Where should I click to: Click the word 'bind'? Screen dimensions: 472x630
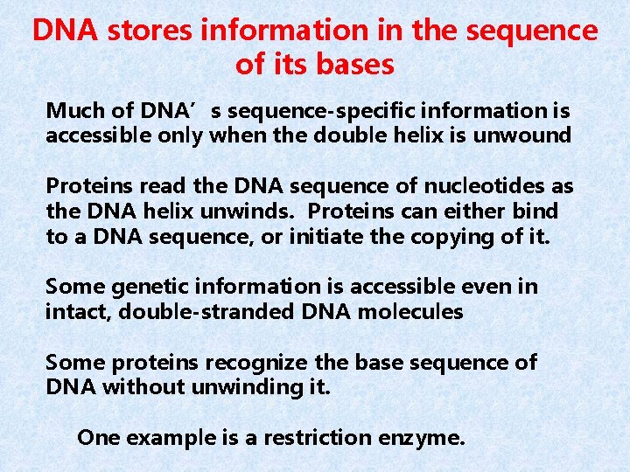[x=535, y=212]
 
